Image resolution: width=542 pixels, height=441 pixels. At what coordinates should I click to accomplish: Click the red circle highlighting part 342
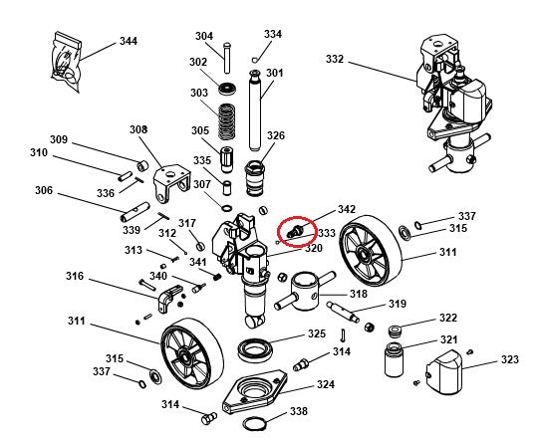(295, 230)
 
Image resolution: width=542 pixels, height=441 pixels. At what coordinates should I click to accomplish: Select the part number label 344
(129, 41)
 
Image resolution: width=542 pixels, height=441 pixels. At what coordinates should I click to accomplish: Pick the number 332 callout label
(335, 60)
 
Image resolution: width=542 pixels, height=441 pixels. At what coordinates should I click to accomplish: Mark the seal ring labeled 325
(255, 349)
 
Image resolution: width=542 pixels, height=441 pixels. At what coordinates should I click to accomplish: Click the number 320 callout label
(314, 248)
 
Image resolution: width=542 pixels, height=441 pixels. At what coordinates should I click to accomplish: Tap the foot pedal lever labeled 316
(168, 295)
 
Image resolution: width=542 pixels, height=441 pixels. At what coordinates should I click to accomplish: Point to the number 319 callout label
(397, 304)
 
